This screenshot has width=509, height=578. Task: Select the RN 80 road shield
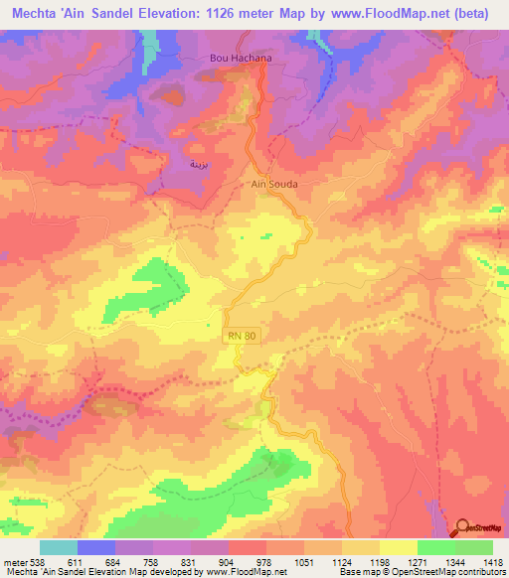[241, 338]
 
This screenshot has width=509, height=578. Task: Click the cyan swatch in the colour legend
[59, 547]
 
